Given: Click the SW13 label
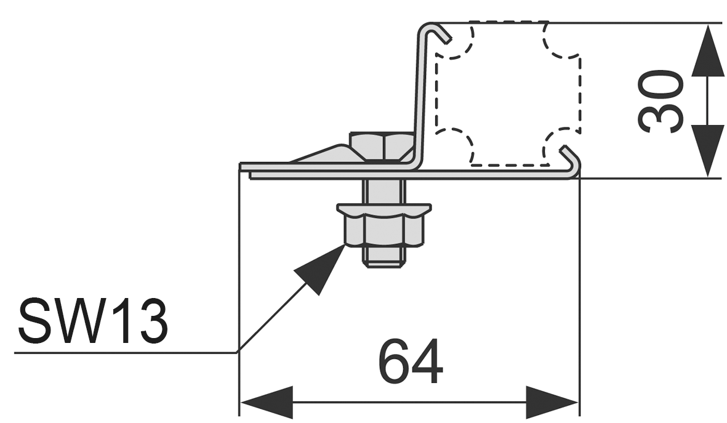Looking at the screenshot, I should coord(93,321).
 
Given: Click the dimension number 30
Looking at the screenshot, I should coord(662,102).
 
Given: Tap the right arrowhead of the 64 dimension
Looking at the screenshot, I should coord(552,403).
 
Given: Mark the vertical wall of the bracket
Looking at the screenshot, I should coord(421,99).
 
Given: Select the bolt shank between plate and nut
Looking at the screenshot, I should coord(383,191).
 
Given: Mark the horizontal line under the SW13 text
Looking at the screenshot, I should coord(123,353).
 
